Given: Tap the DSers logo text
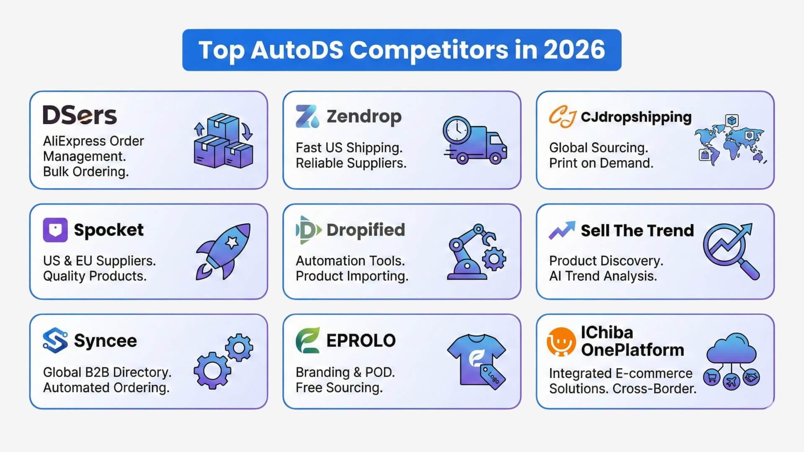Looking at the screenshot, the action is [x=80, y=115].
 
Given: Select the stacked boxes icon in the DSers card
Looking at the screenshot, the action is [x=224, y=141].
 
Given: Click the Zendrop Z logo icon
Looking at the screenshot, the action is [x=307, y=116].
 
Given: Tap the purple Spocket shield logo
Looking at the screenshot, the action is [x=55, y=230].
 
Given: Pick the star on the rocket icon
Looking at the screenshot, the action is [x=232, y=242].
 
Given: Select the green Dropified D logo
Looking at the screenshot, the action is [x=309, y=230].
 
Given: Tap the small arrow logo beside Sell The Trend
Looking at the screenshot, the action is [x=562, y=230].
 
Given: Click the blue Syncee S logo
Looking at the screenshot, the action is [x=55, y=340].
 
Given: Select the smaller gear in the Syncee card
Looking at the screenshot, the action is [x=239, y=348].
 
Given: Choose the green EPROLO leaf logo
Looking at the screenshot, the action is [x=308, y=340].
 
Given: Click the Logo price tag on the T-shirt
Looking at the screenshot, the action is [x=493, y=377].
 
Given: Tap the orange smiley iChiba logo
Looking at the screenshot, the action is [x=561, y=342].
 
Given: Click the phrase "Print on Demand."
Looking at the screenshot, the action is [x=601, y=163].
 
